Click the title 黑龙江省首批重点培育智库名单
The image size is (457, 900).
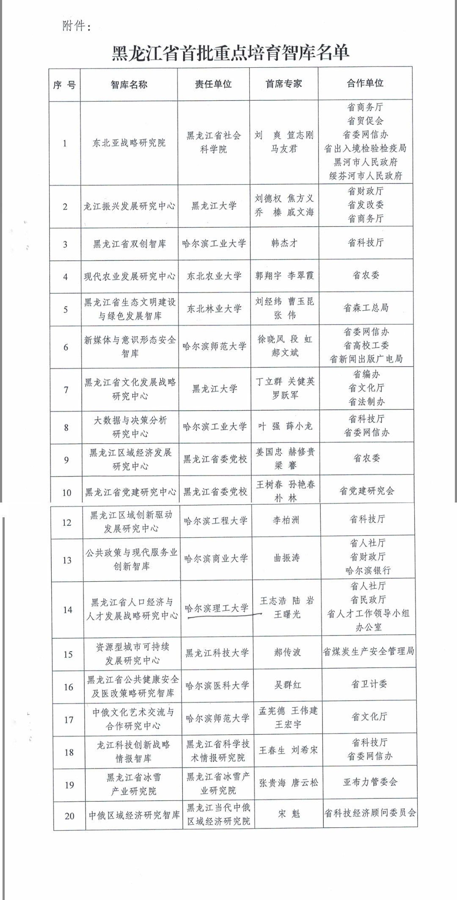pyautogui.click(x=230, y=53)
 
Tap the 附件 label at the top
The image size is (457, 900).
pyautogui.click(x=77, y=26)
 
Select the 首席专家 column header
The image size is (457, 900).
pyautogui.click(x=284, y=84)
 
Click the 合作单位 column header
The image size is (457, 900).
pyautogui.click(x=365, y=83)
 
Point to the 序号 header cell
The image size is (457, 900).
pyautogui.click(x=64, y=85)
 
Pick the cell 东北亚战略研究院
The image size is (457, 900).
pyautogui.click(x=129, y=143)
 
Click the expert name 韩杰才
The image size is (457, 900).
pyautogui.click(x=284, y=243)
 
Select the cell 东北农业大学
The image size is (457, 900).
pyautogui.click(x=214, y=276)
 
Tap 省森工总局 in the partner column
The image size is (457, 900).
pyautogui.click(x=366, y=308)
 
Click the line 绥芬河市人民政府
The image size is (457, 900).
pyautogui.click(x=366, y=176)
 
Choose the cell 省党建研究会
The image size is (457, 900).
pyautogui.click(x=367, y=491)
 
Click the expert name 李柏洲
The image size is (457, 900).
pyautogui.click(x=286, y=520)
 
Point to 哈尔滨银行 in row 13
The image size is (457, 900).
pyautogui.click(x=368, y=571)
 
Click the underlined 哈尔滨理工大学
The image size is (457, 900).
pyautogui.click(x=217, y=608)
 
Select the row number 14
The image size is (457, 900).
pyautogui.click(x=68, y=610)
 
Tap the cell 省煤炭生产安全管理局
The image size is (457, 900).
pyautogui.click(x=369, y=651)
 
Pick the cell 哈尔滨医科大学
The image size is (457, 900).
pyautogui.click(x=217, y=685)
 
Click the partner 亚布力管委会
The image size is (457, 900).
pyautogui.click(x=370, y=782)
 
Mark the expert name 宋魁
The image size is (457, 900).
pyautogui.click(x=289, y=813)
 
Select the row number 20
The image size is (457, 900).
pyautogui.click(x=69, y=816)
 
